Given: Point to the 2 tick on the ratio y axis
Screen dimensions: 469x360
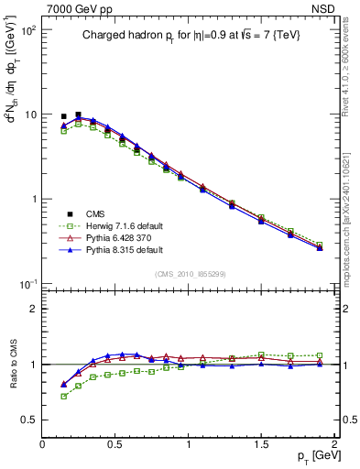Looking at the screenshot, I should pos(34,309).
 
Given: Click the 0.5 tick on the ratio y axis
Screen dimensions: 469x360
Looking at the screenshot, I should pos(30,419).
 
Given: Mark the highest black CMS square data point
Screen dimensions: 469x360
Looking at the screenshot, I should pos(78,115).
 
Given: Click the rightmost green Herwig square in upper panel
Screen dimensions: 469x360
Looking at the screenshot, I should pos(320,245).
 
